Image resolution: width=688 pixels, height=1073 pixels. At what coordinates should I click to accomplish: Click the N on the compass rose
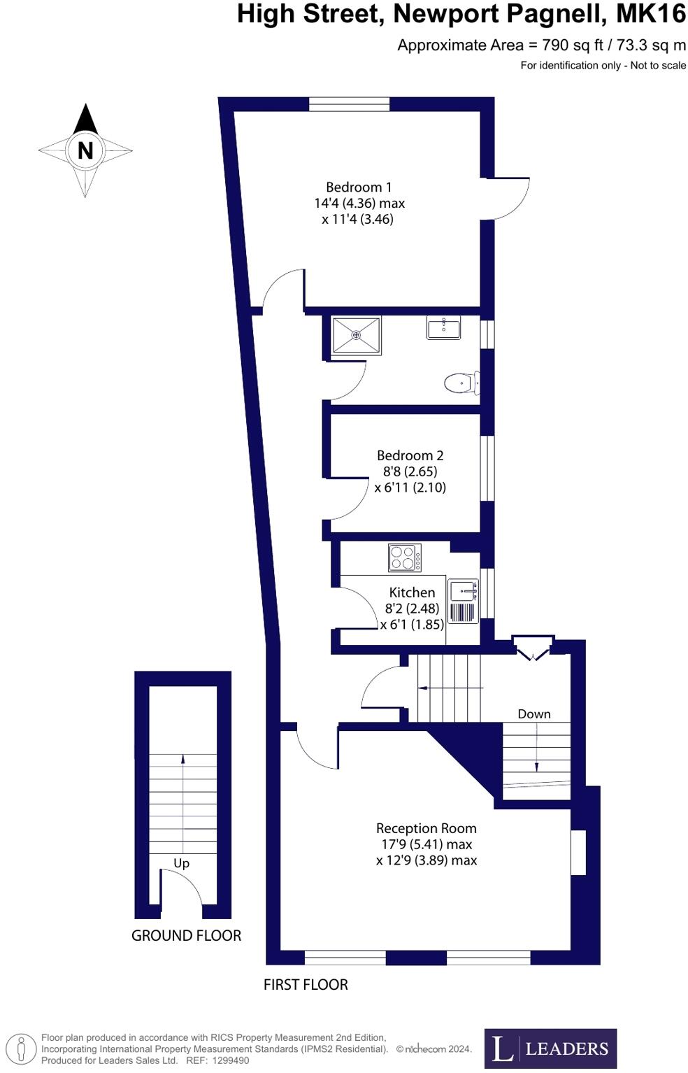tap(85, 150)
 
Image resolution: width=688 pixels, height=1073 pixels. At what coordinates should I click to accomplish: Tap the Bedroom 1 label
tap(359, 187)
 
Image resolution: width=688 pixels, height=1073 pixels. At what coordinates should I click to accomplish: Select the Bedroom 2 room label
tap(410, 455)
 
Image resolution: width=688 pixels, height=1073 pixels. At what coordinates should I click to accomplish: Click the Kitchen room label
tap(412, 592)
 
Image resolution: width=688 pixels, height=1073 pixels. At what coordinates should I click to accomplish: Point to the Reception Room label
tap(426, 828)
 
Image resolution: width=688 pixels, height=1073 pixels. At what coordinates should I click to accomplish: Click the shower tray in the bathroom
tap(357, 335)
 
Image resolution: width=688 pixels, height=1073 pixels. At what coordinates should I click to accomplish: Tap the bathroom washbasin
tap(443, 327)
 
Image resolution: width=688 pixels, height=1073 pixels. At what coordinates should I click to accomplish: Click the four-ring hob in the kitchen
tap(405, 557)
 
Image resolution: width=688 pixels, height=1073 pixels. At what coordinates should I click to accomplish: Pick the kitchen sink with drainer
tap(463, 601)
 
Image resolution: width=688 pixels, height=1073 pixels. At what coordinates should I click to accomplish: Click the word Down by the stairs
tap(534, 714)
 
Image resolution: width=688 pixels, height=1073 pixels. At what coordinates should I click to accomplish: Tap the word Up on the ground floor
tap(181, 863)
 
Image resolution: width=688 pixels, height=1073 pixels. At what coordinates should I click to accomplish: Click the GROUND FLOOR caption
tap(186, 936)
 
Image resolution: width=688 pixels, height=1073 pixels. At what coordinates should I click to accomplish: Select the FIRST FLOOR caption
tap(306, 985)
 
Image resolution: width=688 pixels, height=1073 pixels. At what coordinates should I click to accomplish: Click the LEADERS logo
tap(550, 1048)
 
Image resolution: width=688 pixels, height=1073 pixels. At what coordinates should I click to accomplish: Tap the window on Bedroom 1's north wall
tap(349, 104)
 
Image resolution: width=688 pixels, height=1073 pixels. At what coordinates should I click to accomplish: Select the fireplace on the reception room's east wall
tap(578, 852)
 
